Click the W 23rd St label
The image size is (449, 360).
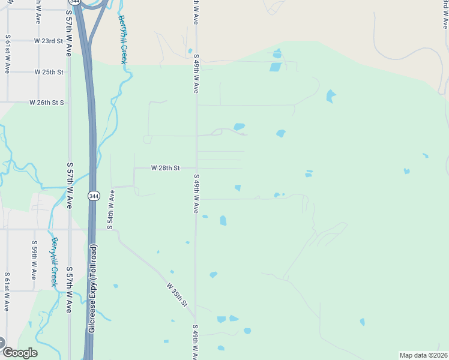pyautogui.click(x=49, y=41)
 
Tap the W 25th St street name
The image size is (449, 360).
pyautogui.click(x=49, y=72)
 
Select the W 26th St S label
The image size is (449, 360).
pyautogui.click(x=46, y=103)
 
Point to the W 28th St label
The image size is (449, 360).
pyautogui.click(x=165, y=168)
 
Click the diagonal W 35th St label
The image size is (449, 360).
pyautogui.click(x=177, y=295)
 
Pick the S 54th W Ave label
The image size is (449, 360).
pyautogui.click(x=111, y=211)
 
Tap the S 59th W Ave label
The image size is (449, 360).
pyautogui.click(x=34, y=260)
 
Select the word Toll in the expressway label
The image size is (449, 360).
pyautogui.click(x=93, y=265)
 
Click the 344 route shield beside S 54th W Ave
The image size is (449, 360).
pyautogui.click(x=93, y=196)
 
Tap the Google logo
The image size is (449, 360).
pyautogui.click(x=19, y=353)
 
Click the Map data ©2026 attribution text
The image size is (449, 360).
pyautogui.click(x=423, y=355)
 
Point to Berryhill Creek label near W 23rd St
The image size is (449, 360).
pyautogui.click(x=122, y=39)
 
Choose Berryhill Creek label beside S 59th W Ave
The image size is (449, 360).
pyautogui.click(x=54, y=262)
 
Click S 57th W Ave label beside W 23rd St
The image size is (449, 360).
pyautogui.click(x=70, y=36)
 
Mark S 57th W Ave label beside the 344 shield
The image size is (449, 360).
pyautogui.click(x=70, y=185)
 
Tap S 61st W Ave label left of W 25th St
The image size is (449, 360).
pyautogui.click(x=7, y=54)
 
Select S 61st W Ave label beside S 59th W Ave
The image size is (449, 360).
pyautogui.click(x=7, y=291)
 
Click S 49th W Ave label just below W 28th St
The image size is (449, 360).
pyautogui.click(x=196, y=194)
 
